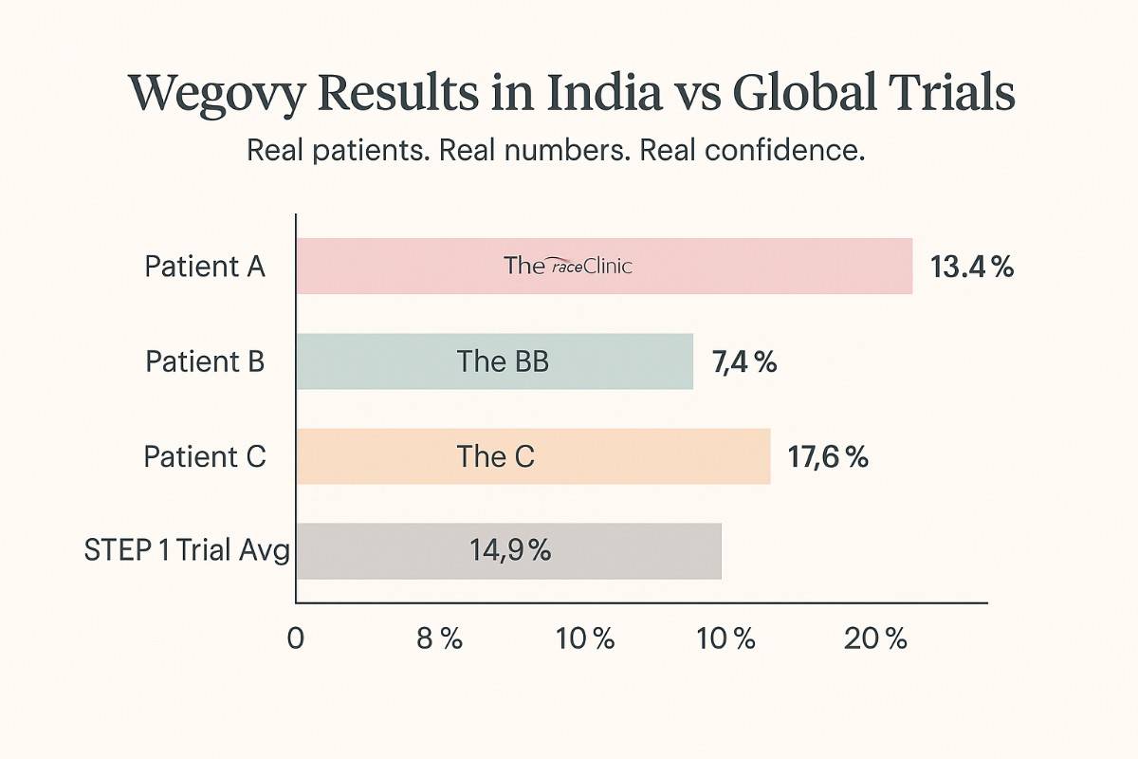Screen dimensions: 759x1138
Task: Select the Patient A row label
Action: coord(205,267)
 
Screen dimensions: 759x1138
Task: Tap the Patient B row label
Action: coord(205,361)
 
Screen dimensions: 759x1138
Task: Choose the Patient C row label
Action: coord(205,456)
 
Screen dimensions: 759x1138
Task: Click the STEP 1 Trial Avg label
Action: coord(187,551)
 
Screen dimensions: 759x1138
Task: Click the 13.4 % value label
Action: coord(972,267)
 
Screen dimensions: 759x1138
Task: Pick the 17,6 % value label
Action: coord(828,456)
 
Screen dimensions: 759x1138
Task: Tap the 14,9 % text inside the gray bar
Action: coord(509,551)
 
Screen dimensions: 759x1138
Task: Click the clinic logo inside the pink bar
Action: coord(567,267)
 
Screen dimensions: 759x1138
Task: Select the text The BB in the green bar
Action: coord(503,361)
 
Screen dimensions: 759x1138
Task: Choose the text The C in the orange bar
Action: coord(495,456)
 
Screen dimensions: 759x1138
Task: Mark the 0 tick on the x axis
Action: coord(296,639)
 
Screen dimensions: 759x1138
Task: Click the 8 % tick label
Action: coord(439,639)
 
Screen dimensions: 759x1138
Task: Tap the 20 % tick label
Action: coord(875,639)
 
